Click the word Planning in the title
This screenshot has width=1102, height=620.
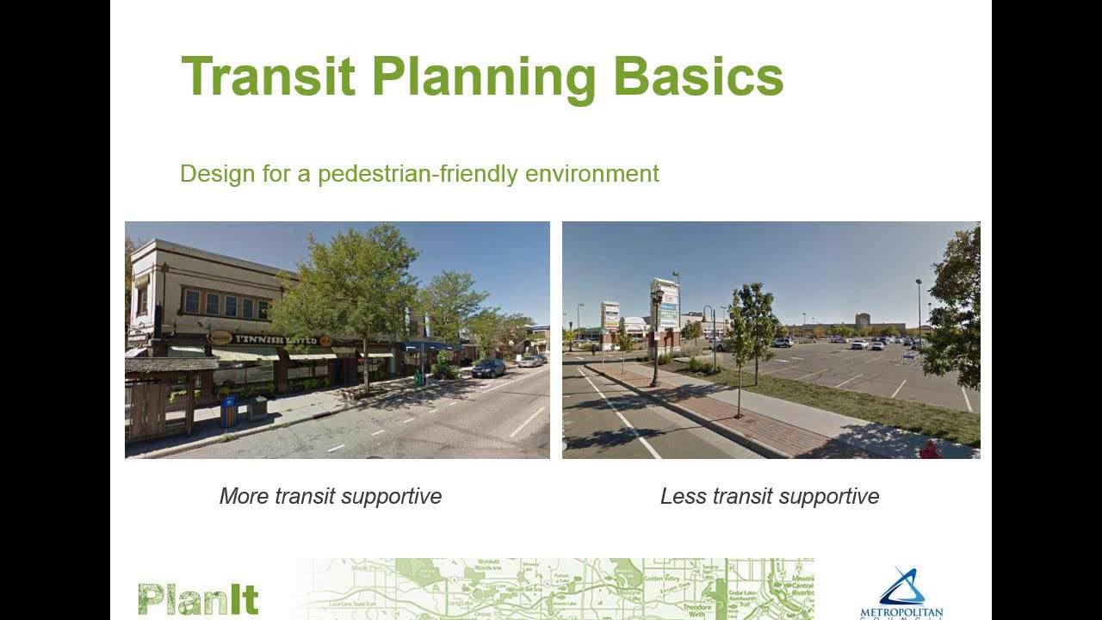coord(484,77)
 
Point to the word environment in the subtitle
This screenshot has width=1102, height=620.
coord(592,174)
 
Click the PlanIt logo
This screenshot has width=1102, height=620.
coord(198,599)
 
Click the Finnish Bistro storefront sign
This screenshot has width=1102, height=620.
coord(275,339)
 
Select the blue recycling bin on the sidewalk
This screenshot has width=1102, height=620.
coord(228,412)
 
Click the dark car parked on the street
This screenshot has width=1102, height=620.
coord(489,368)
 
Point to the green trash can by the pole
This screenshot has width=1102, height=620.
coord(418,377)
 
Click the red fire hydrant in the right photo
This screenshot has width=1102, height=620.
coord(929,449)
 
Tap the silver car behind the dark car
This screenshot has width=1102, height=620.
coord(529,361)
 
